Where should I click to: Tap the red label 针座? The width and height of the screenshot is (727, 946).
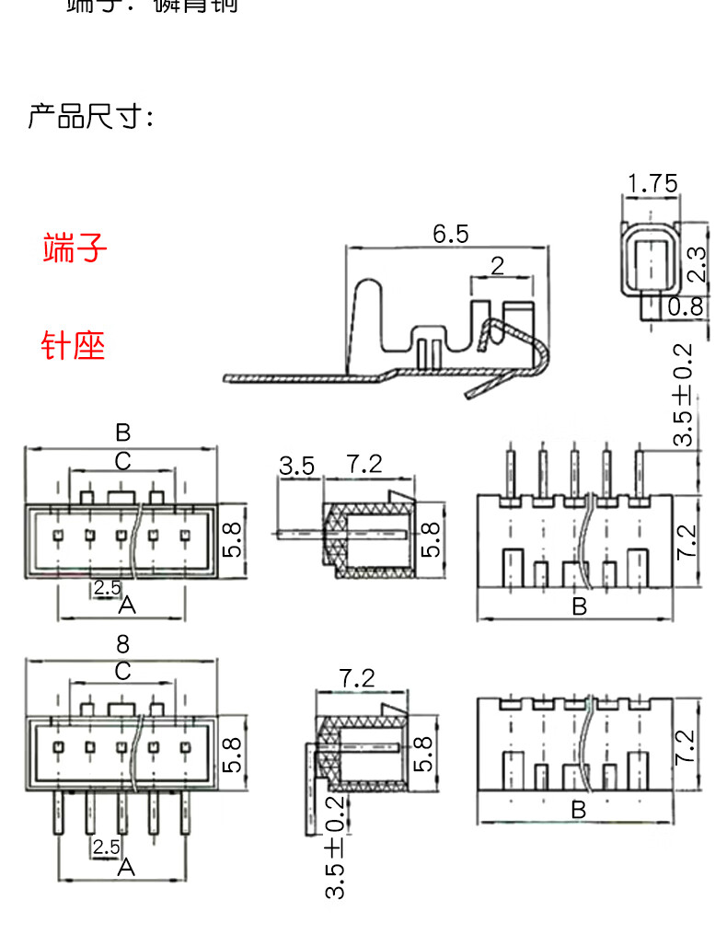point(74,346)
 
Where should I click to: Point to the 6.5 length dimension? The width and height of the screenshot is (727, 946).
point(451,234)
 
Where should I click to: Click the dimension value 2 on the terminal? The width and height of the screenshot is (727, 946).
point(498,266)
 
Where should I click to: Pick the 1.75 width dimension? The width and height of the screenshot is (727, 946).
point(652,183)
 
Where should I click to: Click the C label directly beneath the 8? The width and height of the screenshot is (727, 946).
point(122,671)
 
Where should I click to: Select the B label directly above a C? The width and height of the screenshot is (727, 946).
point(122,432)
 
